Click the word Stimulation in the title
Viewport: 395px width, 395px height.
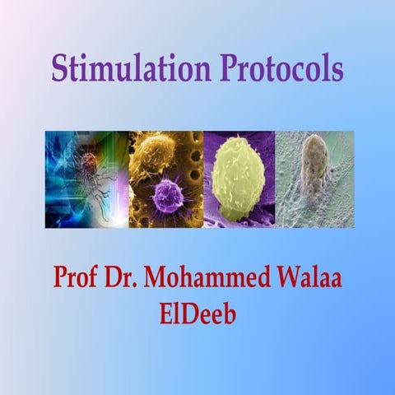132,68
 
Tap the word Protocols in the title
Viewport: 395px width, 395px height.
281,68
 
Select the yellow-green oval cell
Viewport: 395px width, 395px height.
238,174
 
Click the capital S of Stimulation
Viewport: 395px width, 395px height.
59,68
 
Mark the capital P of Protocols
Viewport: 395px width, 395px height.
228,68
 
